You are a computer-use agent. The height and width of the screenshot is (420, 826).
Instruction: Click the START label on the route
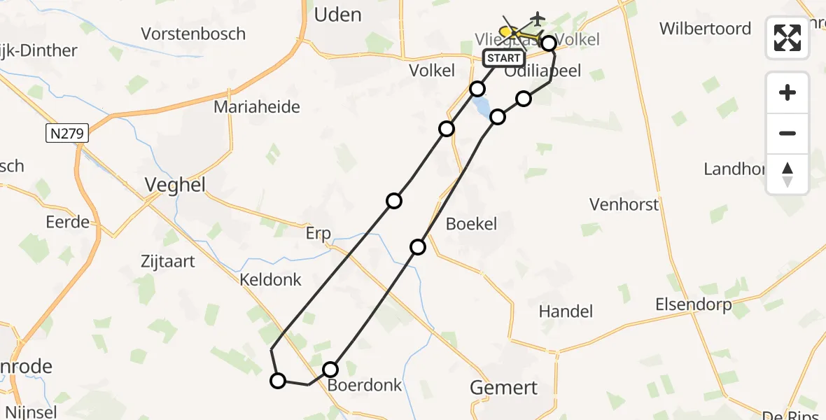coord(503,58)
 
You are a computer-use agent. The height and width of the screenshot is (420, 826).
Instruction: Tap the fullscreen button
coord(787,38)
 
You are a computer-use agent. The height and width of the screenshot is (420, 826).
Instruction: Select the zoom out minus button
coord(787,133)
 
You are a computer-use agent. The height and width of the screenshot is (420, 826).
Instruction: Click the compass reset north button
coord(787,174)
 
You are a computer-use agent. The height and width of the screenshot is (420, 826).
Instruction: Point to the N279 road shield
coord(67,133)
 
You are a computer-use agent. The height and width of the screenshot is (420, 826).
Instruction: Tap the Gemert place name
coord(504,387)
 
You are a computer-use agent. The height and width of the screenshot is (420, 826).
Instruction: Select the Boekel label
coord(471,224)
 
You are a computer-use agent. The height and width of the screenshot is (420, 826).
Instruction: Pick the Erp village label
coord(318,233)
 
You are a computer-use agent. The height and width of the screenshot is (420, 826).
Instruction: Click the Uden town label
coord(338,15)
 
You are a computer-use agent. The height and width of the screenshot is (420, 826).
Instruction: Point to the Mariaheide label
coord(257,107)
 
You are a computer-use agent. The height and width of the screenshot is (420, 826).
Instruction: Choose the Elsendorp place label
coord(693,304)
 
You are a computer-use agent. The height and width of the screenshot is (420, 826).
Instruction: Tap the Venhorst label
coord(624,204)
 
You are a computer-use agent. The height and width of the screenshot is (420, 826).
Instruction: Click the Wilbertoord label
coord(706,29)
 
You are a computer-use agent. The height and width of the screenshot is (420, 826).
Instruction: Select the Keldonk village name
coord(270,279)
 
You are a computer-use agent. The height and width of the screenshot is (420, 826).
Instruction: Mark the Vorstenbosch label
coord(193,34)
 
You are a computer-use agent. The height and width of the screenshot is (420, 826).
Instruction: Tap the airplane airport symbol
coord(537,17)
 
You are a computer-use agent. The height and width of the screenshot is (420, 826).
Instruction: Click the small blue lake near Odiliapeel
coord(482,107)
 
